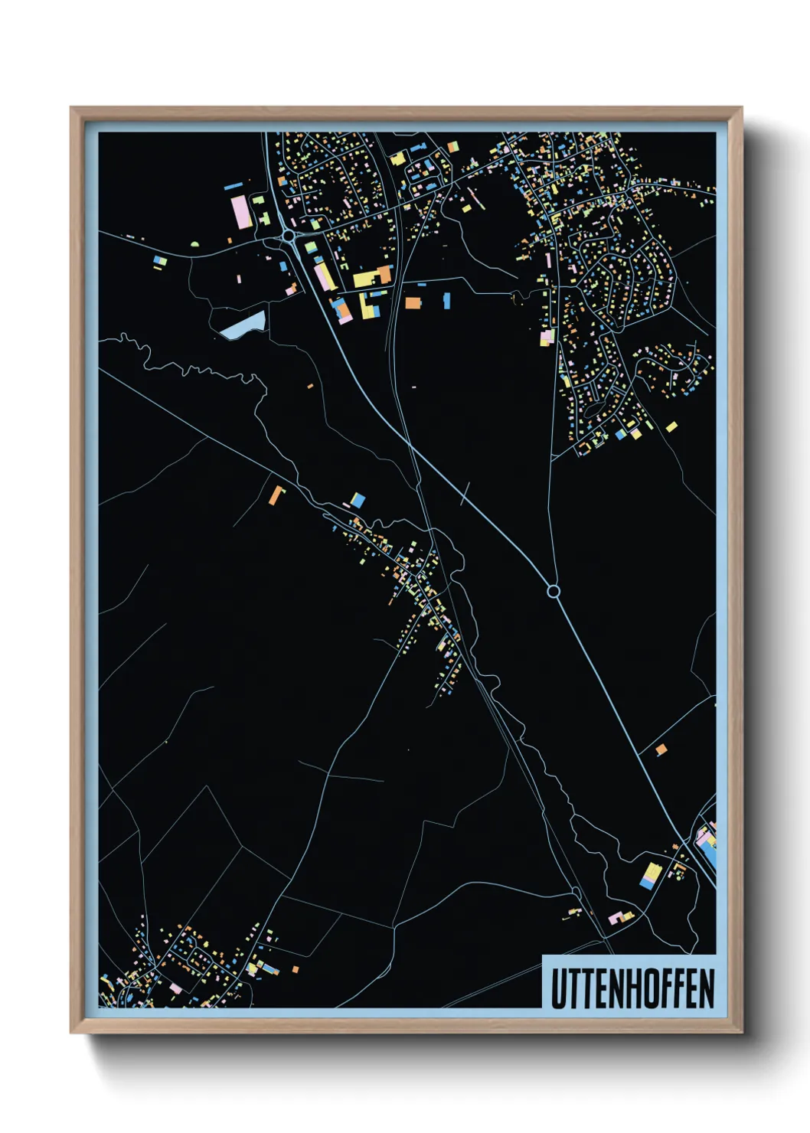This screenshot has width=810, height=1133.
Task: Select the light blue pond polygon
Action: [243, 326]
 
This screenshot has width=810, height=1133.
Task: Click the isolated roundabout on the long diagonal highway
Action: [554, 591]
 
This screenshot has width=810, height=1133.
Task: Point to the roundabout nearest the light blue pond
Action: [288, 237]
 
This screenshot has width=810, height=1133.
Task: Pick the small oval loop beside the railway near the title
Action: [576, 892]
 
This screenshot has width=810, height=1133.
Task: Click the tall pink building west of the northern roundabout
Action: [240, 211]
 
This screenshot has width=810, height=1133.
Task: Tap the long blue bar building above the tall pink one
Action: [234, 185]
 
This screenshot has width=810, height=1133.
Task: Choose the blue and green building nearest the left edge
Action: [160, 262]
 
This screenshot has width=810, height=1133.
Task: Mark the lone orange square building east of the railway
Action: [413, 302]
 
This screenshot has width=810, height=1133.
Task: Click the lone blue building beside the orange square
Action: [446, 300]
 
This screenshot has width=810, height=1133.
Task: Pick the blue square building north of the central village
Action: [357, 501]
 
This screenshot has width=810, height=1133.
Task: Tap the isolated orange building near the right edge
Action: [661, 749]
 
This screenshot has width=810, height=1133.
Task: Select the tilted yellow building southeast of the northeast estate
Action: [671, 426]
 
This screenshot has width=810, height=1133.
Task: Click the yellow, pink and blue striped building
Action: [650, 876]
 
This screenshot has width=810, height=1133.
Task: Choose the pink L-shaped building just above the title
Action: [616, 916]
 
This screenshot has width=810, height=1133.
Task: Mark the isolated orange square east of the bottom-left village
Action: [295, 969]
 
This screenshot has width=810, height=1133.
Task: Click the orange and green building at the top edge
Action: [453, 145]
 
